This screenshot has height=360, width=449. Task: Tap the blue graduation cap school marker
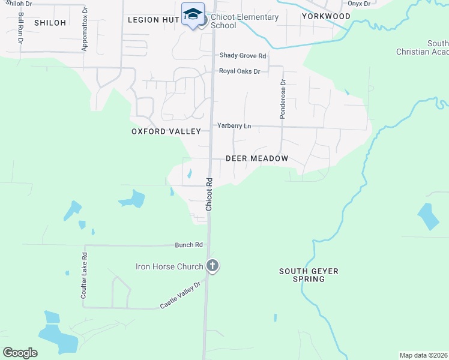(x=193, y=14)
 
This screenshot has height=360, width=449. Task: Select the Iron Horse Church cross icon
(x=212, y=265)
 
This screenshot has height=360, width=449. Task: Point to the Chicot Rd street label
(x=209, y=194)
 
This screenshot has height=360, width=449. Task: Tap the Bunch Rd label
(x=189, y=245)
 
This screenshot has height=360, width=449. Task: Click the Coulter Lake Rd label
(x=85, y=275)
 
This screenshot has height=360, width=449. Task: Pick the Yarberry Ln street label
(x=234, y=126)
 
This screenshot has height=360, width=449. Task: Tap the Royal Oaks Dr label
(x=240, y=71)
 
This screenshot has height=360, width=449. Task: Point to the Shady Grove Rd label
(x=243, y=56)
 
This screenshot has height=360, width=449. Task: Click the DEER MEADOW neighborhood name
(x=257, y=158)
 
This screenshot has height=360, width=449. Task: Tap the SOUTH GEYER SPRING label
(x=309, y=275)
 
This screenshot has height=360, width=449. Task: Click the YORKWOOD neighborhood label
(x=326, y=16)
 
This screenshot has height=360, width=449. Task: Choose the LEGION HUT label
(x=154, y=20)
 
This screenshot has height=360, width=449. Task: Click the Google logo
(x=20, y=352)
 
